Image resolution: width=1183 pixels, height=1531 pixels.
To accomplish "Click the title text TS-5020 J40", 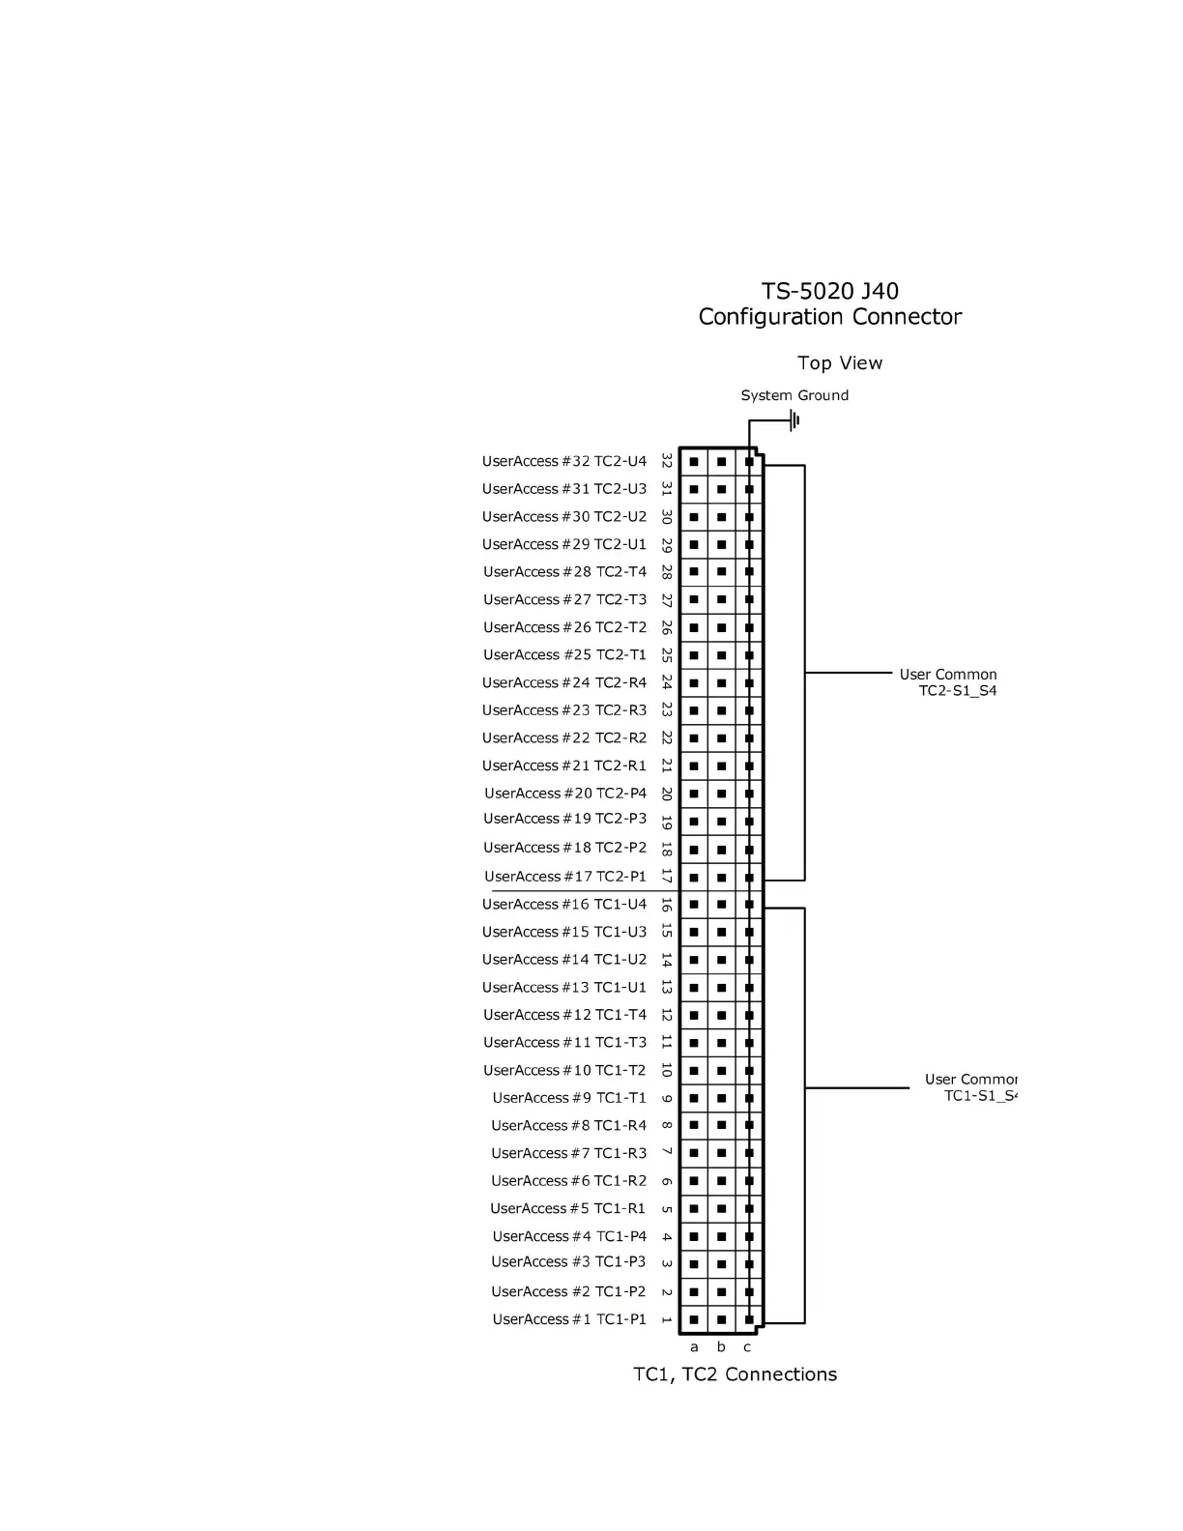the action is [x=829, y=291].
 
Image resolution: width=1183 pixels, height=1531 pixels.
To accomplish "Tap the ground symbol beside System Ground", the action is [x=794, y=420].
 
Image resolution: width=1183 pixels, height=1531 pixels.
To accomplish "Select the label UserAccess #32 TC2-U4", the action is [x=564, y=461].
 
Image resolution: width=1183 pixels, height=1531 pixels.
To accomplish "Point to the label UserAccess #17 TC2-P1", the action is [x=565, y=877].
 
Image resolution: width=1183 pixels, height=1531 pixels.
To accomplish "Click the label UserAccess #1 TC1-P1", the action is [x=569, y=1319].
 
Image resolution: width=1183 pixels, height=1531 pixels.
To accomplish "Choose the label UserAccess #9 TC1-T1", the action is [x=569, y=1098].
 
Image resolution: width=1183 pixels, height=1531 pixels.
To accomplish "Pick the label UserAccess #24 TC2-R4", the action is [x=564, y=682].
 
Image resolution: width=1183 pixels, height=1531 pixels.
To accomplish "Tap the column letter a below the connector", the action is [x=694, y=1346].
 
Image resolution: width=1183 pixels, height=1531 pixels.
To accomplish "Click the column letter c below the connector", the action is [x=747, y=1346].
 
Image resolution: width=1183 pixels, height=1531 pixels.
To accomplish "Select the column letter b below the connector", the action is [x=721, y=1346].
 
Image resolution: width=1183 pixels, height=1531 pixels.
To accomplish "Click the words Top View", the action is [x=840, y=363].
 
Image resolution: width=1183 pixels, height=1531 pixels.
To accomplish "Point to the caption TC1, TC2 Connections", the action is [x=736, y=1374].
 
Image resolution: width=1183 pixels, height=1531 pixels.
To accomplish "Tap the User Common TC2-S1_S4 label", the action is [x=948, y=682].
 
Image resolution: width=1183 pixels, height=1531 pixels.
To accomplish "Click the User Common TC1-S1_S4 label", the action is [x=971, y=1087].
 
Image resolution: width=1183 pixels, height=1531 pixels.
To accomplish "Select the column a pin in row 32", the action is [x=694, y=462].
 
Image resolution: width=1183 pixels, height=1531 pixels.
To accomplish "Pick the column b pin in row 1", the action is [x=721, y=1319].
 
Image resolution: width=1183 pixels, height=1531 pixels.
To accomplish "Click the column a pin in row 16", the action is [x=694, y=905].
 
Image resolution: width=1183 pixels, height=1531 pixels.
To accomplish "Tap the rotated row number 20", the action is [x=667, y=794].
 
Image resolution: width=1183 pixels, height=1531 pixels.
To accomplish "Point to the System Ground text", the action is [x=794, y=395].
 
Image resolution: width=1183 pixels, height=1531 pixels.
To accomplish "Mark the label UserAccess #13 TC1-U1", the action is [x=564, y=987].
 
